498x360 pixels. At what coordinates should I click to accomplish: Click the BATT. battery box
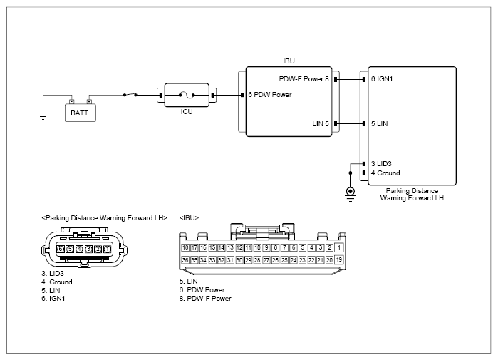coord(81,113)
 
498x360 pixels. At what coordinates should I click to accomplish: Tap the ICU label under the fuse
coord(187,112)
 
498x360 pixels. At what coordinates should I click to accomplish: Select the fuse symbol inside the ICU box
coord(187,95)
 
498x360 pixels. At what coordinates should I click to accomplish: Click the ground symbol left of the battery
coord(43,118)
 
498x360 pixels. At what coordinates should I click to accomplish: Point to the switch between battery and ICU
coord(130,94)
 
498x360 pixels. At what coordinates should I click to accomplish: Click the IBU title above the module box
coord(289,61)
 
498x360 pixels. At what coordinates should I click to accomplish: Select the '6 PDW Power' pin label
coord(270,95)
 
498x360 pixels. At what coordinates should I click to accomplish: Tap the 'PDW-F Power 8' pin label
coord(304,79)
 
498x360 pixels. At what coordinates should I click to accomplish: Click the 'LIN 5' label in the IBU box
coord(321,123)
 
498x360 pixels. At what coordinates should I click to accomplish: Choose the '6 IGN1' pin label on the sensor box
coord(382,79)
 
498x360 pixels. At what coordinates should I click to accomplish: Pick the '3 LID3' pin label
coord(381,164)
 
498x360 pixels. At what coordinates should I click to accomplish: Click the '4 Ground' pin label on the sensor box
coord(385,173)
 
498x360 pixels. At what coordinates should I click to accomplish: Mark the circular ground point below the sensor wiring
coord(351,192)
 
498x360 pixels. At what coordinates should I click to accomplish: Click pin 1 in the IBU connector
coord(339,247)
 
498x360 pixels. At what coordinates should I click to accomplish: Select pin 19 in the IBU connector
coord(339,259)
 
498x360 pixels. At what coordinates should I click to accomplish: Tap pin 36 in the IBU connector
coord(185,260)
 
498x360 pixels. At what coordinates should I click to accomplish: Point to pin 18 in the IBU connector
coord(185,247)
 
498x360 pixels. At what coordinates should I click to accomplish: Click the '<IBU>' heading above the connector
coord(189,218)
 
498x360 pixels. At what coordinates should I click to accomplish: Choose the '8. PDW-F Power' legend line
coord(205,299)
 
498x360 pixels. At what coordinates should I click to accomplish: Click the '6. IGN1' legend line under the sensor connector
coord(53,299)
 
